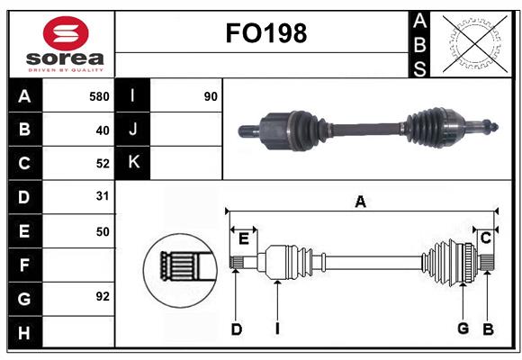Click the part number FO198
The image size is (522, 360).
tap(265, 34)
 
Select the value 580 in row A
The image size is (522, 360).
tap(99, 95)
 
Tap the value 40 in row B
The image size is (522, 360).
tap(102, 130)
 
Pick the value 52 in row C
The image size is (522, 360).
tap(102, 164)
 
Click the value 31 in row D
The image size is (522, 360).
tap(102, 195)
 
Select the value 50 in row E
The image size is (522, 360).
tap(102, 231)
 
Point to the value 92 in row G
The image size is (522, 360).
tap(102, 295)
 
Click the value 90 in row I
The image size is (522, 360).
tap(211, 95)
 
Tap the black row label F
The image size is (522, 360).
tap(24, 265)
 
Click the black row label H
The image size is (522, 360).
tap(24, 333)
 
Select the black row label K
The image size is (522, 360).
tap(133, 163)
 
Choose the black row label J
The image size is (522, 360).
tap(133, 130)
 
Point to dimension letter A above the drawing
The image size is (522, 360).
tap(360, 202)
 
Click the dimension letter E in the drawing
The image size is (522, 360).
tap(243, 238)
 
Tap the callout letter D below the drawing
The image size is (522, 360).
tap(236, 329)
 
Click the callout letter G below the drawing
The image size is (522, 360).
tap(463, 328)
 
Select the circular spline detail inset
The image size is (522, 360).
tap(178, 267)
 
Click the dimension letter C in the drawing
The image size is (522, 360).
tap(485, 238)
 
